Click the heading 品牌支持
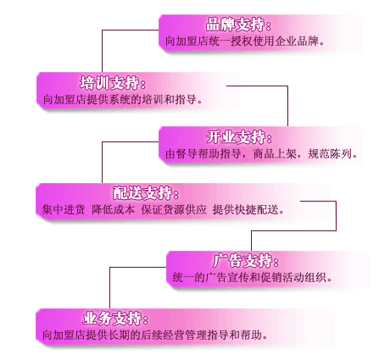(x=236, y=25)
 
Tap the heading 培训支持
(x=109, y=83)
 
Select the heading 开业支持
(x=237, y=137)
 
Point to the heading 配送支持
(x=142, y=193)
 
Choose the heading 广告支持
(x=243, y=261)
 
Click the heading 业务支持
(x=113, y=318)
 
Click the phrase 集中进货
(x=64, y=210)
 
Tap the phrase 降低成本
(x=113, y=210)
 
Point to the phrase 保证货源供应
(x=174, y=210)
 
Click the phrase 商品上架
(x=275, y=154)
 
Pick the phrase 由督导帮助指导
(x=203, y=154)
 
